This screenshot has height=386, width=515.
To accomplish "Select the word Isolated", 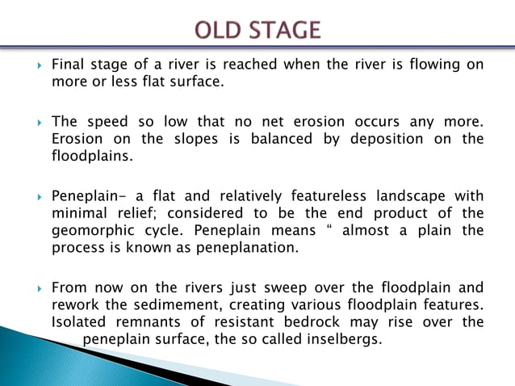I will tap(80, 322).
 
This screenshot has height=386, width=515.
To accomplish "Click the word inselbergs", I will tap(343, 338).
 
